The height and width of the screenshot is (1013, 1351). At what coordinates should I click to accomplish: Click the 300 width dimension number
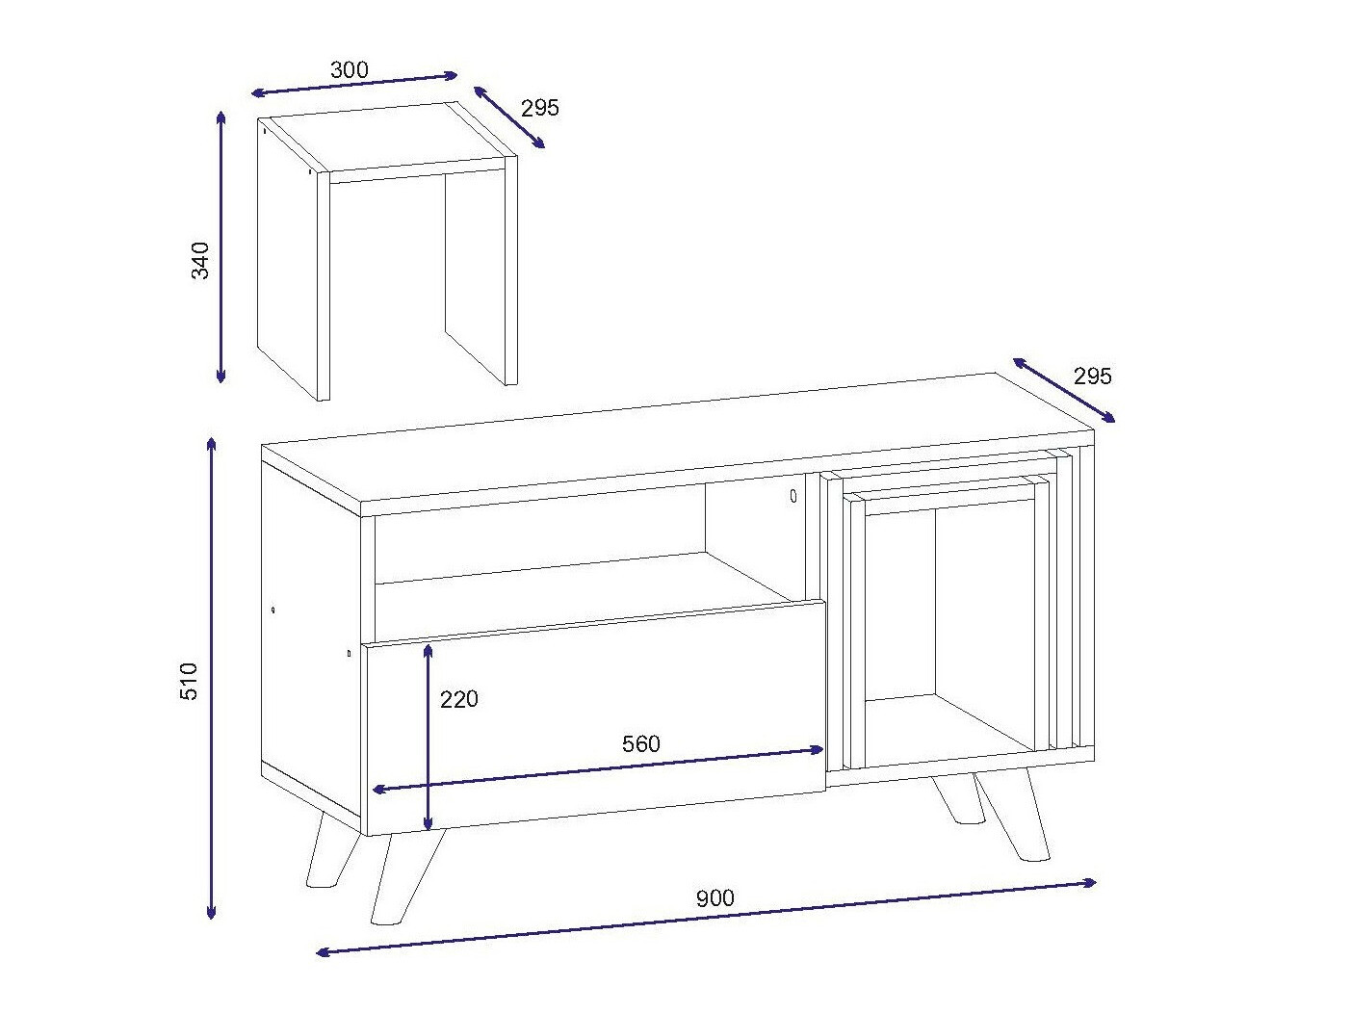tap(350, 69)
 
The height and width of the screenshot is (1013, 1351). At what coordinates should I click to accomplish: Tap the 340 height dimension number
tap(200, 261)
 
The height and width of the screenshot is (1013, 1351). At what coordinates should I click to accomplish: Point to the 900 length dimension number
tap(714, 898)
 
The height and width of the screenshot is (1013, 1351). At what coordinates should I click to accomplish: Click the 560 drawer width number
tap(641, 743)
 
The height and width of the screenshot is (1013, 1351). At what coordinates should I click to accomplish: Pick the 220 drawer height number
tap(459, 699)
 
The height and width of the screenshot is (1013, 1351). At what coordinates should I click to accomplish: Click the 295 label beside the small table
tap(539, 108)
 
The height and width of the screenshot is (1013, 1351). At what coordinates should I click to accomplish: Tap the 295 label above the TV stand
tap(1092, 377)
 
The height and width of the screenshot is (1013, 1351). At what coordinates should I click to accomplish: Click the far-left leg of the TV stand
tap(330, 851)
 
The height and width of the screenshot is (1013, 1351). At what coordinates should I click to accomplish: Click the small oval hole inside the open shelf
tap(792, 496)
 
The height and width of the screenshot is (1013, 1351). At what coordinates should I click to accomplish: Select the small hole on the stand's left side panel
tap(273, 610)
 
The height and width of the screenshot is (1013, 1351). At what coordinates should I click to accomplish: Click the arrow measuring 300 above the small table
tap(354, 84)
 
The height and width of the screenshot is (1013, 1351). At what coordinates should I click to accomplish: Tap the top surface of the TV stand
tap(674, 443)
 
